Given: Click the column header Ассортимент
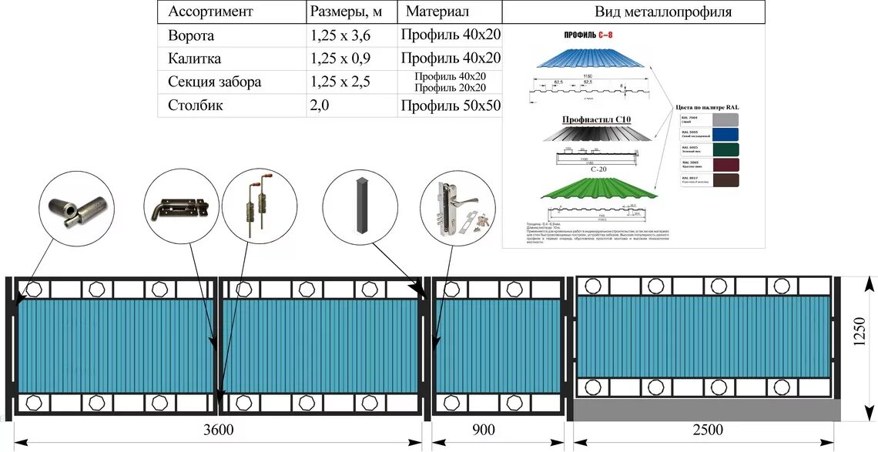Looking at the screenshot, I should point(209,12).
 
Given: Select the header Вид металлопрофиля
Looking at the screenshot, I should point(663,12).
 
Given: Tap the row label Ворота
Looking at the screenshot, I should point(191,35).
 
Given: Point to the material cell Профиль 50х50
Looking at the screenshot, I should point(451,105).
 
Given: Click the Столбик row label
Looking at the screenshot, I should point(196,105).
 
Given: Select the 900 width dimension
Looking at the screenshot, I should point(483,430).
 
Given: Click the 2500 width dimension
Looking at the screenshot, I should point(707,430).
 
